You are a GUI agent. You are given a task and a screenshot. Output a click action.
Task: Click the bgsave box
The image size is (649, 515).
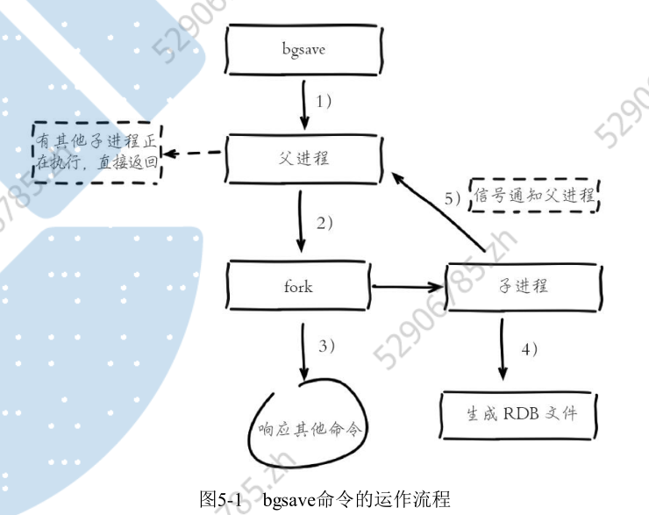(x=303, y=50)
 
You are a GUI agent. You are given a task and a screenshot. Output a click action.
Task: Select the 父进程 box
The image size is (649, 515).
(x=303, y=159)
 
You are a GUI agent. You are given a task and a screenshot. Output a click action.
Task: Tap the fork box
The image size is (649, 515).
(x=298, y=287)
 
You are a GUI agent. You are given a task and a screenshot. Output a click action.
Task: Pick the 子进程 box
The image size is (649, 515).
(x=523, y=287)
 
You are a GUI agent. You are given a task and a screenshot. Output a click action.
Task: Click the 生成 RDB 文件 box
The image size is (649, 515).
(x=521, y=412)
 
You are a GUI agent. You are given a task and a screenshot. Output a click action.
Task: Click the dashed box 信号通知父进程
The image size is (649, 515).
(x=534, y=197)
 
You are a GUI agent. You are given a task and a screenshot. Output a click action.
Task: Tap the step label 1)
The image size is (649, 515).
(x=324, y=101)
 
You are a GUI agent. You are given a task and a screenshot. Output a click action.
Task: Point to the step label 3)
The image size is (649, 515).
(x=326, y=346)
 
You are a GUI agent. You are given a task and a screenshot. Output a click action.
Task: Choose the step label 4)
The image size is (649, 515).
(x=529, y=347)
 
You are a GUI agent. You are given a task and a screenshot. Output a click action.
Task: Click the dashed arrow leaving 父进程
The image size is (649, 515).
(x=194, y=154)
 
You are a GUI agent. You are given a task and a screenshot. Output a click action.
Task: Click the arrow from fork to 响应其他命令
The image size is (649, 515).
(x=302, y=351)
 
